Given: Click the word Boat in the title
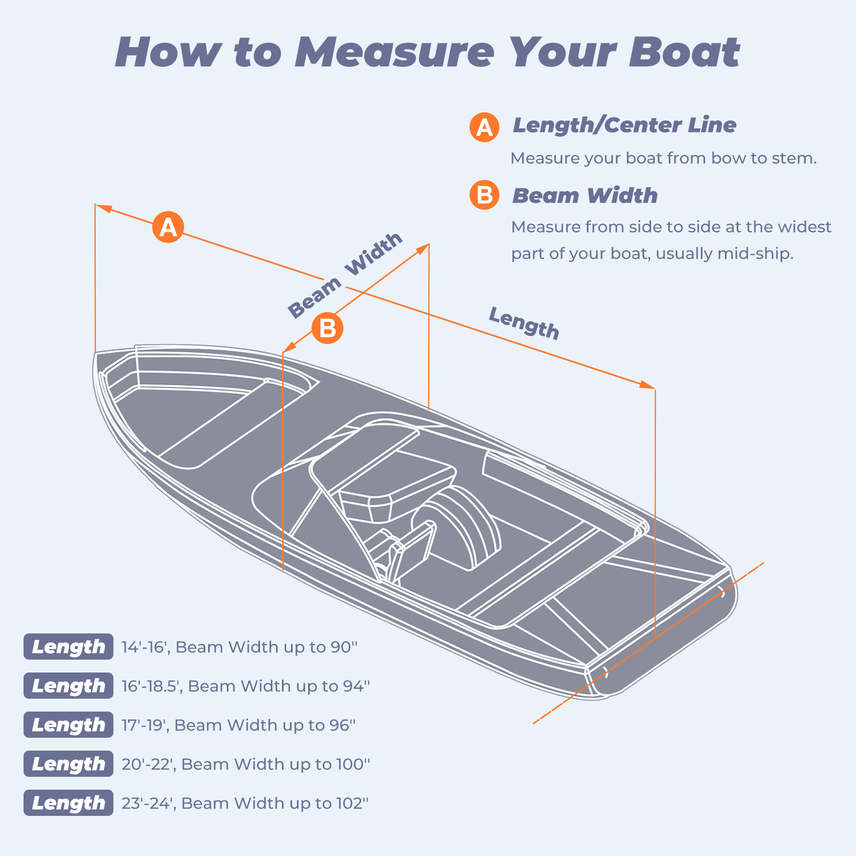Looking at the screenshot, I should pos(684,52).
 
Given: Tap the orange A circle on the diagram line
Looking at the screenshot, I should pos(168,227).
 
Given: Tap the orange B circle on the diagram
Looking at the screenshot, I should pos(327,328).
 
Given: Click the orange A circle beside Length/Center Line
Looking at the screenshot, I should pos(484,127).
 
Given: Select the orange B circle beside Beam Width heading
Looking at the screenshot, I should pos(484,195).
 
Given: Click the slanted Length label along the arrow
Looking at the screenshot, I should pos(524,323).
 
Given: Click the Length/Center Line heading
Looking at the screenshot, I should pos(624,125).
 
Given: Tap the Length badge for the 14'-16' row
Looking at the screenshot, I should pos(68,647).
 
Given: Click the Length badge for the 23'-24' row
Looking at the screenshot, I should pos(68,803).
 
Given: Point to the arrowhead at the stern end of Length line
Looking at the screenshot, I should pos(647,385).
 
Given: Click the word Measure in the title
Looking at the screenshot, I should pos(394,52).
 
